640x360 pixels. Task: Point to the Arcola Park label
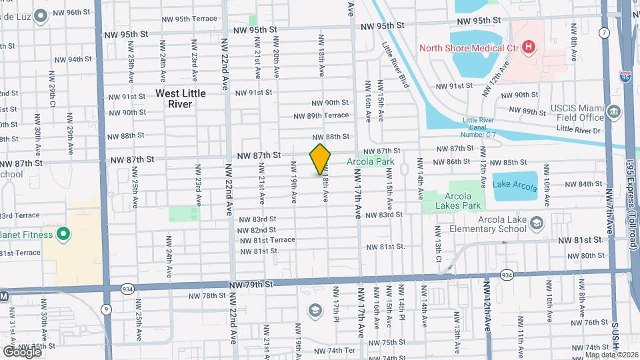click(x=370, y=161)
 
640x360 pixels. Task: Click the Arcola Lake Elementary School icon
click(x=538, y=223)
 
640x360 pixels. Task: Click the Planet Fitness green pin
click(x=63, y=233)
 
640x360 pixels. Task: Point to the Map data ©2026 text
click(x=611, y=347)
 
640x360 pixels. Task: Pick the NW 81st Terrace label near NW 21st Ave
click(x=265, y=239)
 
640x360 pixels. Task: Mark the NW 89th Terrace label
click(x=321, y=115)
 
